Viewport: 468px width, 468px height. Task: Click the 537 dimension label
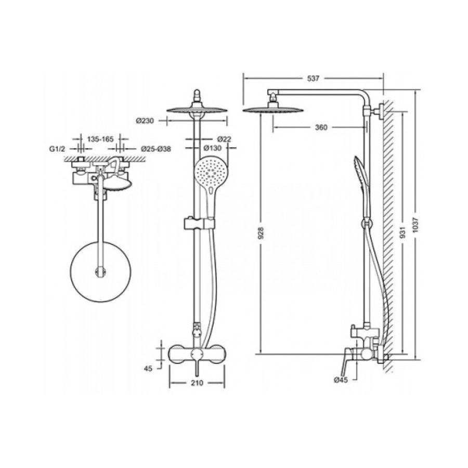pos(313,79)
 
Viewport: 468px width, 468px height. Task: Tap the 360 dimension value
pos(321,127)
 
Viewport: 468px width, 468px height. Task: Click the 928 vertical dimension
pos(261,233)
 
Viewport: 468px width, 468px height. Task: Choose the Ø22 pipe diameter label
pos(225,139)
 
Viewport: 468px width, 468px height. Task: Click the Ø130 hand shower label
pos(213,148)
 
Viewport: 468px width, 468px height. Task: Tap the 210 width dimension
pos(197,383)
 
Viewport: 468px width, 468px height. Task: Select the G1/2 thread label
pos(57,149)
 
